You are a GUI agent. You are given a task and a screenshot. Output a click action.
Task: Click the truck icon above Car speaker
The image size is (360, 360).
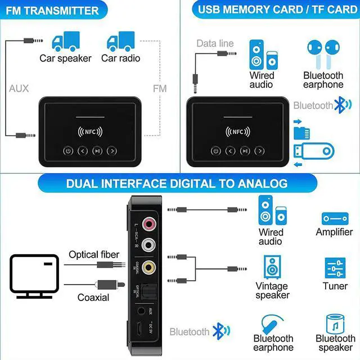click(x=65, y=42)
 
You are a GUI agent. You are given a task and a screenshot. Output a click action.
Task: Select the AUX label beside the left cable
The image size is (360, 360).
click(x=19, y=88)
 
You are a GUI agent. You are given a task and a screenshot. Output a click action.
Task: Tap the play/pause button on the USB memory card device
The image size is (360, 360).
click(x=245, y=151)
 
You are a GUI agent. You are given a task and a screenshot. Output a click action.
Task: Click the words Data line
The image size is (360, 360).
click(x=215, y=43)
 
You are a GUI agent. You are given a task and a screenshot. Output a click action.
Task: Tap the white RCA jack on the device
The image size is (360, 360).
click(x=149, y=245)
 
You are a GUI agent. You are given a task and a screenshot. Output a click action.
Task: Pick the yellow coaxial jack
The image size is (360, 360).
click(x=149, y=267)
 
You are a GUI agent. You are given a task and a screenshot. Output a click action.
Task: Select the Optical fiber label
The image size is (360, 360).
click(x=94, y=255)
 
